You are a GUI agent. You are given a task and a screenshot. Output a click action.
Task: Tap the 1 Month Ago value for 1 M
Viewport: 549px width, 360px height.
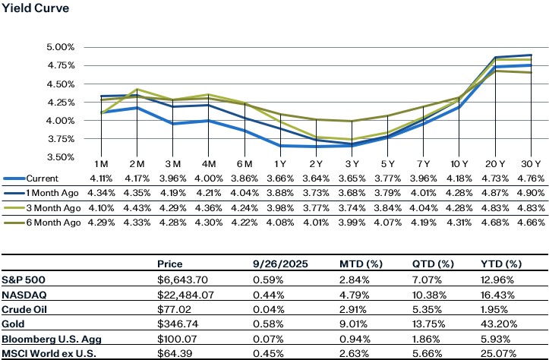click(x=102, y=193)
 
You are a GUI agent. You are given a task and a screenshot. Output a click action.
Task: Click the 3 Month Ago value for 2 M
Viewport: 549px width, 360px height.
click(x=137, y=207)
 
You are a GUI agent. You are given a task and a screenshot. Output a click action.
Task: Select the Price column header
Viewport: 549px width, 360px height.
click(x=169, y=264)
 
